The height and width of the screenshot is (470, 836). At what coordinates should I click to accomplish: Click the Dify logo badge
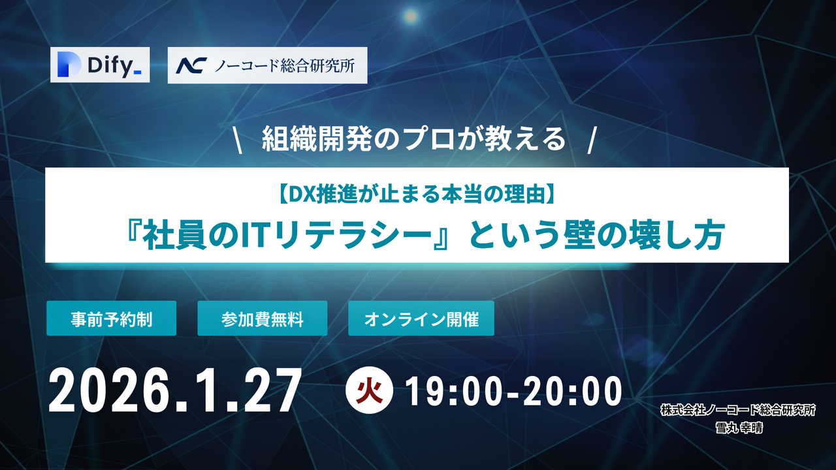(x=100, y=65)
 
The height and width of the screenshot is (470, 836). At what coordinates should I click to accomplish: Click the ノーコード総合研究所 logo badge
(x=267, y=65)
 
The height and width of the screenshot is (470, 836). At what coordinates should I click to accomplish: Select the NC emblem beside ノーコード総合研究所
(x=191, y=65)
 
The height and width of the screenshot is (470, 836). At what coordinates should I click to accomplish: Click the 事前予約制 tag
(x=111, y=319)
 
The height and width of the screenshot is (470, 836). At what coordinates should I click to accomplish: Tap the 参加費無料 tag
(x=262, y=319)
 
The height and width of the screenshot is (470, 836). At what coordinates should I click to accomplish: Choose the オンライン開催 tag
(x=421, y=319)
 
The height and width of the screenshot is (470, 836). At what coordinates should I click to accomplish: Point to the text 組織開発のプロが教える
(x=413, y=140)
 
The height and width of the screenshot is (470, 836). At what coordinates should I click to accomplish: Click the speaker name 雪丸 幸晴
(x=737, y=429)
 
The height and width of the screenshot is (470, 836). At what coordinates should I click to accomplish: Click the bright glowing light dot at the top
(x=411, y=14)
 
